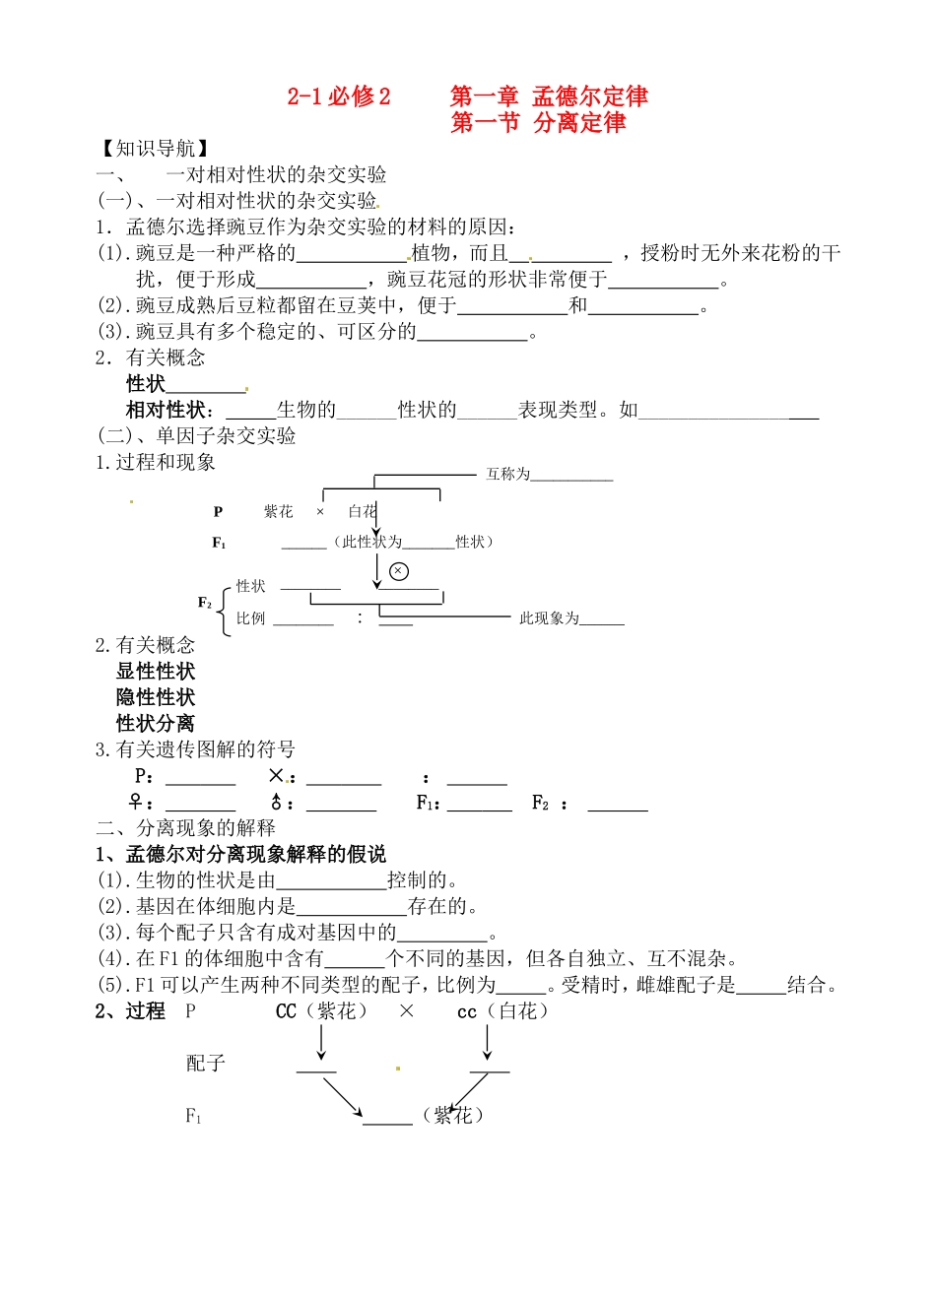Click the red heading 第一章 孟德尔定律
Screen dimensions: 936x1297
coord(549,97)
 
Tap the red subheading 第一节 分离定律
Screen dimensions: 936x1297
coord(538,123)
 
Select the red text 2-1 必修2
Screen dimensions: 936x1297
coord(339,97)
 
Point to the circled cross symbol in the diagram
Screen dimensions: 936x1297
coord(399,571)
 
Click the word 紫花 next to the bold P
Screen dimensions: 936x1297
coord(279,512)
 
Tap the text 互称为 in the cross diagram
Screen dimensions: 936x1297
coord(507,475)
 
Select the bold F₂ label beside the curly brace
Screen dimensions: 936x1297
coord(205,603)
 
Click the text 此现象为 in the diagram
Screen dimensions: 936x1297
coord(549,618)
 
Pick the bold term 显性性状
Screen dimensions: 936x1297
coord(156,672)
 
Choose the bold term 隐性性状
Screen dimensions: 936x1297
coord(156,697)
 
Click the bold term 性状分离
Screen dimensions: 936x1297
coord(156,724)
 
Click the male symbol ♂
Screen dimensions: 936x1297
coord(277,803)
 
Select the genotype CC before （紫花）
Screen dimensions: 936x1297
coord(287,1011)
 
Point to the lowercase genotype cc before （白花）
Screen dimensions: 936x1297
coord(467,1012)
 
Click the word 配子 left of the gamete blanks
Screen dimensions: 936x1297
coord(206,1064)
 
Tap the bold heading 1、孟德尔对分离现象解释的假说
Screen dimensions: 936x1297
coord(240,854)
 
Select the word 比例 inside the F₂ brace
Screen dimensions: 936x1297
coord(251,618)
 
